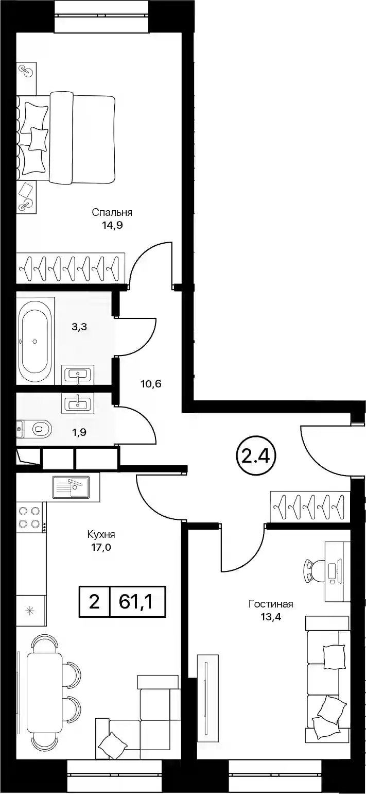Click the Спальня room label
pyautogui.click(x=112, y=213)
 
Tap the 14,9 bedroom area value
pyautogui.click(x=112, y=226)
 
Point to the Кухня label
pyautogui.click(x=101, y=534)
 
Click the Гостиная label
pyautogui.click(x=271, y=604)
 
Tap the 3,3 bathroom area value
pyautogui.click(x=79, y=327)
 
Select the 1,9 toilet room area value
pyautogui.click(x=79, y=432)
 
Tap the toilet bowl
pyautogui.click(x=42, y=429)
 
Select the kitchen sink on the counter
pyautogui.click(x=71, y=487)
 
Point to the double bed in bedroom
pyautogui.click(x=66, y=138)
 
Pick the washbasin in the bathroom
pyautogui.click(x=78, y=374)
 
